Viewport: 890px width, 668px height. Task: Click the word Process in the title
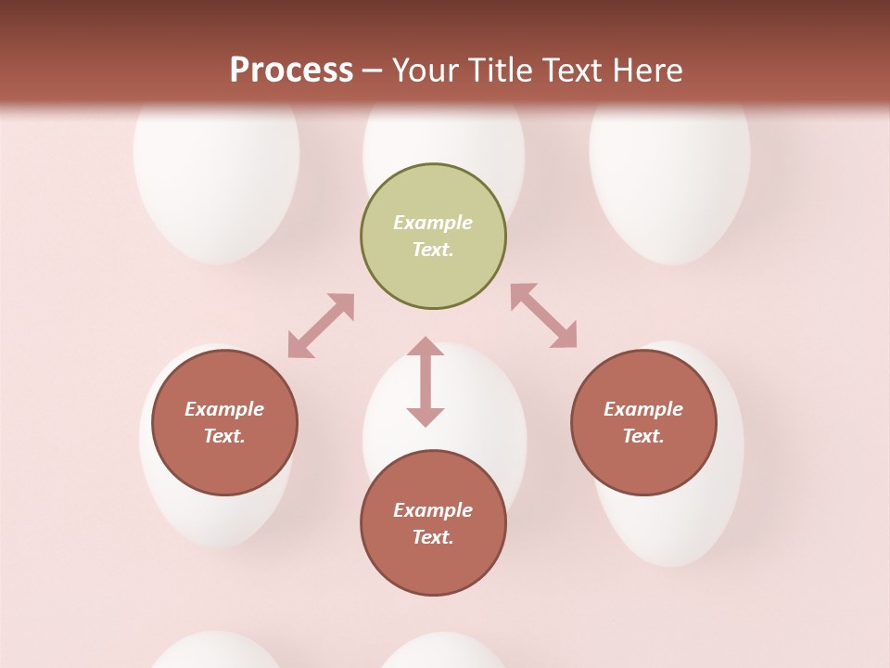[291, 70]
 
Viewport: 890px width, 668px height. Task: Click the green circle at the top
[433, 237]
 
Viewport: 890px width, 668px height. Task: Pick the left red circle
[224, 422]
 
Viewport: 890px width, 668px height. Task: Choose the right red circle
[643, 422]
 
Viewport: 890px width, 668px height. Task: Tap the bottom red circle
[433, 522]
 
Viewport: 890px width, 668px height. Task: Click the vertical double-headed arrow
[426, 381]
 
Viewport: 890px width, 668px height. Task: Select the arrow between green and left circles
[321, 326]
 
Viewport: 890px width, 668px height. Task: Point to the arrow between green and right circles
[543, 315]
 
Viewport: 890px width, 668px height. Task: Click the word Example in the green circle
[433, 223]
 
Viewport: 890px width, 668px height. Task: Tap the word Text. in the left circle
[224, 436]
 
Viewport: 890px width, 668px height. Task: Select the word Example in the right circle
[643, 409]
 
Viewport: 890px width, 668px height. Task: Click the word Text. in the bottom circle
[433, 537]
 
